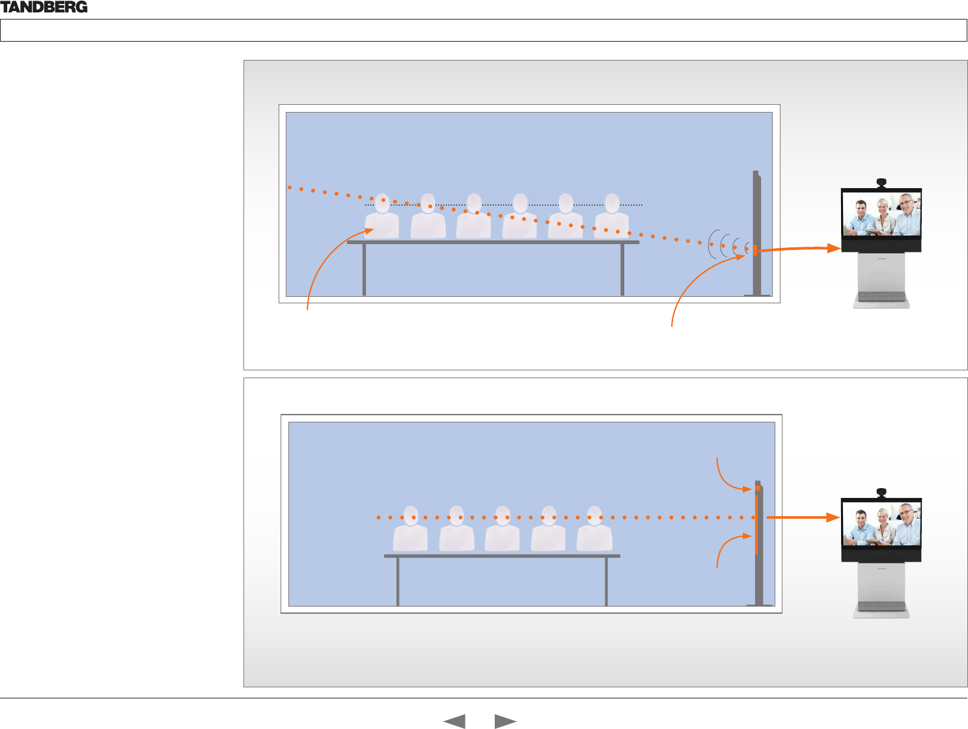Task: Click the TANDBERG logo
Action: coord(44,7)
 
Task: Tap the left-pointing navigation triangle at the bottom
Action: coord(454,721)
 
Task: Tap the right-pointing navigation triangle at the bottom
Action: coord(505,721)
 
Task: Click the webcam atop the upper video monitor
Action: coord(881,182)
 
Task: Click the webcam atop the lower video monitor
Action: coord(881,492)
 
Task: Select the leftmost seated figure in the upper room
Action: coord(382,217)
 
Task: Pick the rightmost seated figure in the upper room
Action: coord(611,217)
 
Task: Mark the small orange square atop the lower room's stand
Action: coord(758,488)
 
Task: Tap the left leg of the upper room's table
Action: coord(364,269)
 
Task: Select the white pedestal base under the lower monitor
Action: coord(881,589)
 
